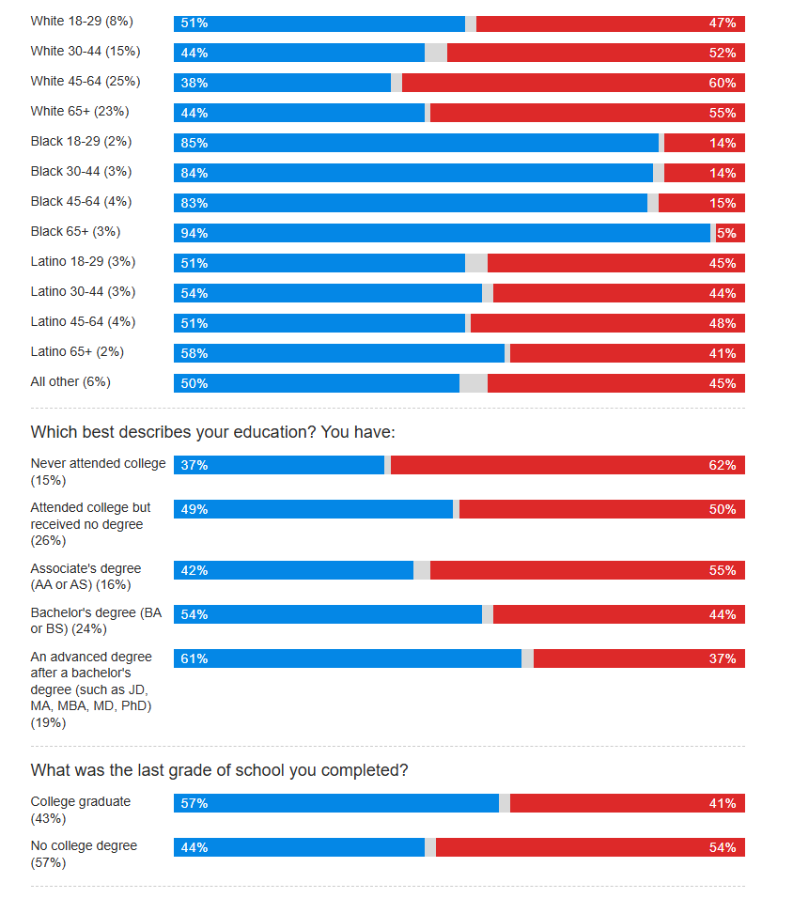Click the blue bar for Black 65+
[442, 233]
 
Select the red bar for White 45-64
[573, 83]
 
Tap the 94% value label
[194, 233]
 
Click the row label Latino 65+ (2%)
[77, 352]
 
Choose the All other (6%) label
[70, 382]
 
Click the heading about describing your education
[213, 432]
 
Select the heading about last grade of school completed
[220, 770]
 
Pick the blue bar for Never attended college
[279, 465]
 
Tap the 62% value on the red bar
[723, 465]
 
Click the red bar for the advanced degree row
[639, 658]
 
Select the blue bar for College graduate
[336, 803]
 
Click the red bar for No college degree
[590, 847]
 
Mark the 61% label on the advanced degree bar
[194, 658]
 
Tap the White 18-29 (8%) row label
[82, 21]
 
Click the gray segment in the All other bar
[474, 383]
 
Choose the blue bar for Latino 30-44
[328, 293]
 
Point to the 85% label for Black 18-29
[194, 143]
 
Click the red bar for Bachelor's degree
[619, 614]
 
